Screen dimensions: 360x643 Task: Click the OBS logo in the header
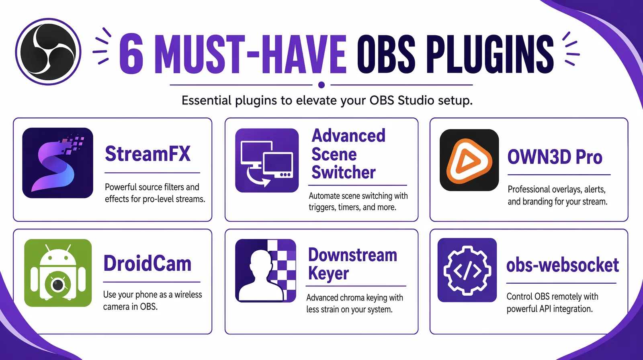(48, 51)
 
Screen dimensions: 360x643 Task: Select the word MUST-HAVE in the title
(250, 54)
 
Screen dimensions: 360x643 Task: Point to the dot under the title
(321, 85)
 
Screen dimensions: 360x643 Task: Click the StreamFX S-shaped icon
(57, 163)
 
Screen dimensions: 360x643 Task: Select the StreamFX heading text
(147, 154)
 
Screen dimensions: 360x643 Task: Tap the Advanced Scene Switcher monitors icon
(267, 160)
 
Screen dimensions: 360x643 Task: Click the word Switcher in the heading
(343, 172)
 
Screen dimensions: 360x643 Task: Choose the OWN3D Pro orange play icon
(469, 160)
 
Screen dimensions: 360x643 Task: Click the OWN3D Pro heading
(555, 157)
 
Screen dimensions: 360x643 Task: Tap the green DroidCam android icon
(58, 273)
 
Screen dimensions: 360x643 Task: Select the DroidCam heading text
(147, 264)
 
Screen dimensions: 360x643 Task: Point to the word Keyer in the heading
(328, 274)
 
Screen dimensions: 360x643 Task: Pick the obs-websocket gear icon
(467, 270)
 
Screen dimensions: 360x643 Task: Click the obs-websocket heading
(562, 265)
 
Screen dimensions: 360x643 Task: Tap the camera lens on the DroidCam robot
(58, 284)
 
